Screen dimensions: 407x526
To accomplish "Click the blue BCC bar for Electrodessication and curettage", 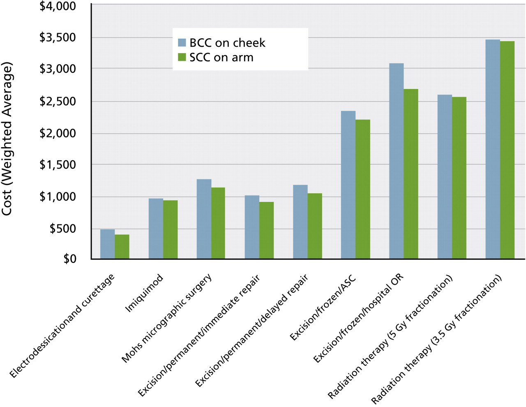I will point(107,244).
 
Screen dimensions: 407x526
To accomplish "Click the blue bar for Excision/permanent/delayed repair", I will point(300,222).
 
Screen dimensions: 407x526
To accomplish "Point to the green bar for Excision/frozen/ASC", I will point(363,189).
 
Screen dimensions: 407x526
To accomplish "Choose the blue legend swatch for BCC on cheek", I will point(182,42).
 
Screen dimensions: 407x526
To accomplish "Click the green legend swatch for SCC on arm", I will point(182,57).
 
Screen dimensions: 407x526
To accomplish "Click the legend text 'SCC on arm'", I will point(221,58).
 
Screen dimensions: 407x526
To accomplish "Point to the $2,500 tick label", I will point(58,101).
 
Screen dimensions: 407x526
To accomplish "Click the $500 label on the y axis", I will point(62,228).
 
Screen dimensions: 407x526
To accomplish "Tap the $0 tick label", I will point(69,259).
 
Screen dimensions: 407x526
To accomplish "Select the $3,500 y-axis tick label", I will point(58,37).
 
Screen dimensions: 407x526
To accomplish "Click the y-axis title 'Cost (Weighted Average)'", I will point(7,139).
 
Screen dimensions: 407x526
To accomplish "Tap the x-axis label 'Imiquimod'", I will point(144,293).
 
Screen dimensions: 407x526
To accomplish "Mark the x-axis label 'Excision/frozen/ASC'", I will point(323,308).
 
